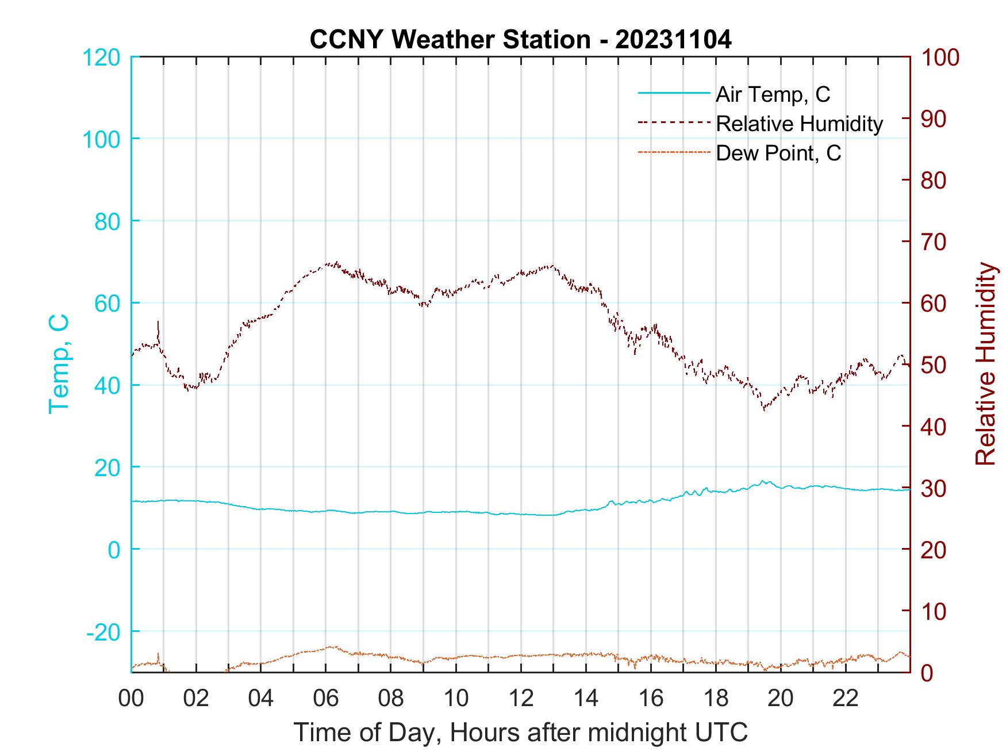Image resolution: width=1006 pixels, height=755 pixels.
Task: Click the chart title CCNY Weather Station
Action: tap(520, 40)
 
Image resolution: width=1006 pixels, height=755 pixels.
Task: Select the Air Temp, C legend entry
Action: tap(773, 94)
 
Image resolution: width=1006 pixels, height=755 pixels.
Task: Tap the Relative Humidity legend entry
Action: tap(799, 124)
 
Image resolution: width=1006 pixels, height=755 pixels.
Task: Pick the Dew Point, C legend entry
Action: tap(778, 154)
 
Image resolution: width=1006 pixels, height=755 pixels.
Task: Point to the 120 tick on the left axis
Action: tap(102, 58)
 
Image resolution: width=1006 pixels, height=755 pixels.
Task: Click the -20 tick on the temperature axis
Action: tap(103, 632)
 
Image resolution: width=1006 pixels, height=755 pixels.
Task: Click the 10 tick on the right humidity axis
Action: tap(935, 611)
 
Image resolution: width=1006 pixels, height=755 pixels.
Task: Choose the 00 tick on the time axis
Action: tap(131, 699)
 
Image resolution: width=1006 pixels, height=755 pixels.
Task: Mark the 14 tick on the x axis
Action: tap(586, 699)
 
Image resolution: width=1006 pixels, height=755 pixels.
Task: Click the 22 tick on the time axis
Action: tap(846, 699)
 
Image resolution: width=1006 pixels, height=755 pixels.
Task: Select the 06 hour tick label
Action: tap(326, 699)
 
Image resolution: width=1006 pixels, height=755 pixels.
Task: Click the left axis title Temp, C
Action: tap(59, 363)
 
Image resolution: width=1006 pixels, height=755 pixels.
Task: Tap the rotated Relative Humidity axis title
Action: tap(985, 363)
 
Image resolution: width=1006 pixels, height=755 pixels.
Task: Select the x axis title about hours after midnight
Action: tap(521, 732)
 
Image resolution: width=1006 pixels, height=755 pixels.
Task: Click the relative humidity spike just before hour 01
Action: tap(158, 323)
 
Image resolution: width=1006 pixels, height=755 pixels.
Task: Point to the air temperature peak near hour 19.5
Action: tap(763, 481)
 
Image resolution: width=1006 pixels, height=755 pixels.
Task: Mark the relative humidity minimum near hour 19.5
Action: tap(764, 409)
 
